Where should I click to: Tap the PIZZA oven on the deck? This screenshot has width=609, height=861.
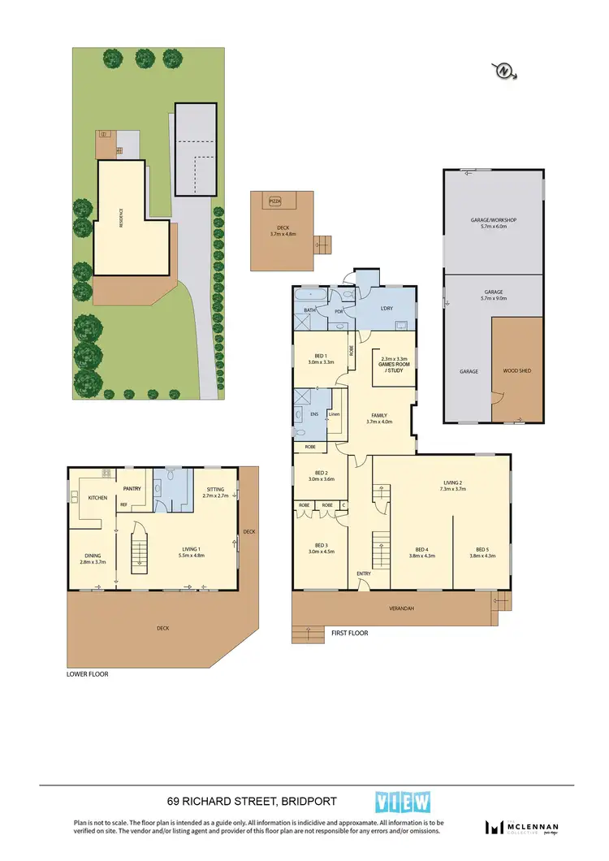(x=275, y=200)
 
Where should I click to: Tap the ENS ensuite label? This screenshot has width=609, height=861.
(x=314, y=414)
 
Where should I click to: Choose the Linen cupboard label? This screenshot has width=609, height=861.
(x=334, y=415)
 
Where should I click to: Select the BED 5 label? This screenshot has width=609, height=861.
(x=482, y=552)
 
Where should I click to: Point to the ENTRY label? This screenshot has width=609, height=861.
(x=364, y=574)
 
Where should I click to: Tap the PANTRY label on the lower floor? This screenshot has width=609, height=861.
(x=133, y=489)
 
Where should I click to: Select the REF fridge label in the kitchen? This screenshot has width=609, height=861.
(x=123, y=505)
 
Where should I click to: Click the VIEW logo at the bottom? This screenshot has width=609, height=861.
(x=402, y=802)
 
